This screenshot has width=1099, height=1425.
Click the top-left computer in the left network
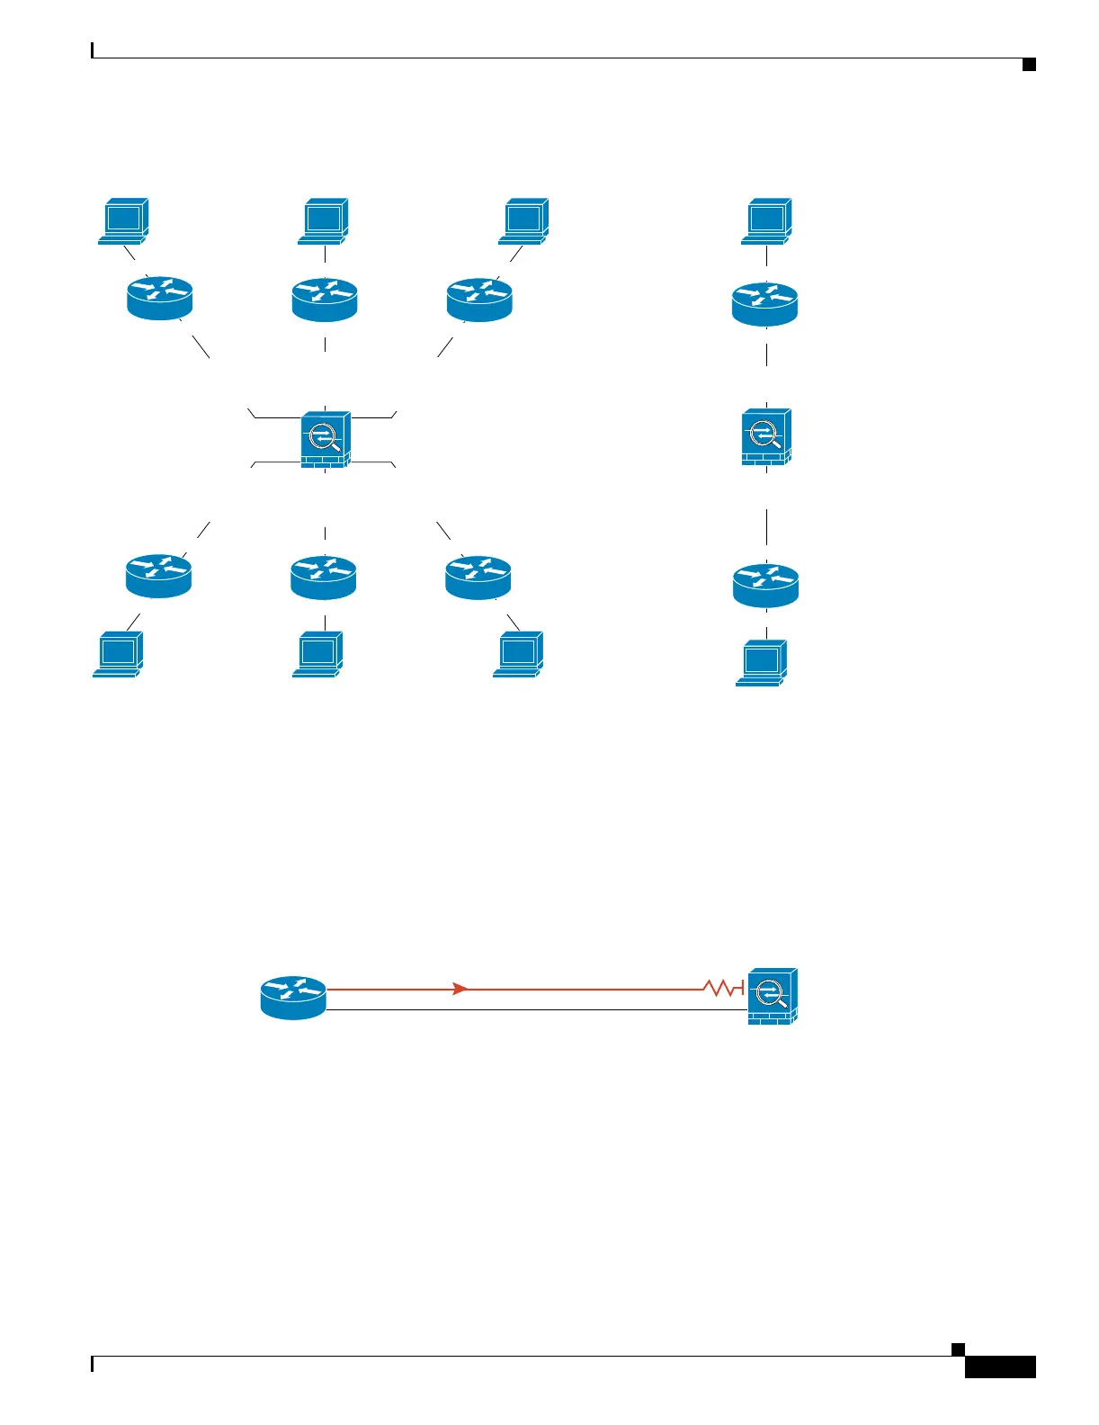(123, 221)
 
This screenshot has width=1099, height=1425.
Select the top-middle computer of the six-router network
(324, 221)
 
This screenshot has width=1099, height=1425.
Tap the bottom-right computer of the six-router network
(518, 654)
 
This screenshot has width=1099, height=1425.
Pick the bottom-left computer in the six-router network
(118, 654)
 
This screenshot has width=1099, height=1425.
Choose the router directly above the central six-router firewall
(325, 300)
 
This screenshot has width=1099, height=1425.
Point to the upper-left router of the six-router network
(160, 298)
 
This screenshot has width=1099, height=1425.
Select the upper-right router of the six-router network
(479, 300)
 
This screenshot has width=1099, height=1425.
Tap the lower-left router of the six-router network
(159, 576)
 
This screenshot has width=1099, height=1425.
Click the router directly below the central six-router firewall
(324, 578)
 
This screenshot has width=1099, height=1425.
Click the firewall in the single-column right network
(765, 437)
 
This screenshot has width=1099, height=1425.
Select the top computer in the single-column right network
(766, 221)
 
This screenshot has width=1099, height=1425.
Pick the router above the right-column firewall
(764, 304)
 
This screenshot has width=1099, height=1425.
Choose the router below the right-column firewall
(765, 586)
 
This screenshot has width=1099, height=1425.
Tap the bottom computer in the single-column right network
(762, 663)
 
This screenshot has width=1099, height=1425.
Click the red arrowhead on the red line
(460, 989)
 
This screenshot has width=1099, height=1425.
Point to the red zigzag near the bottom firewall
(721, 989)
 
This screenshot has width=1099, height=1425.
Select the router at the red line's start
(293, 997)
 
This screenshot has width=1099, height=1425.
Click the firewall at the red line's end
(773, 997)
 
